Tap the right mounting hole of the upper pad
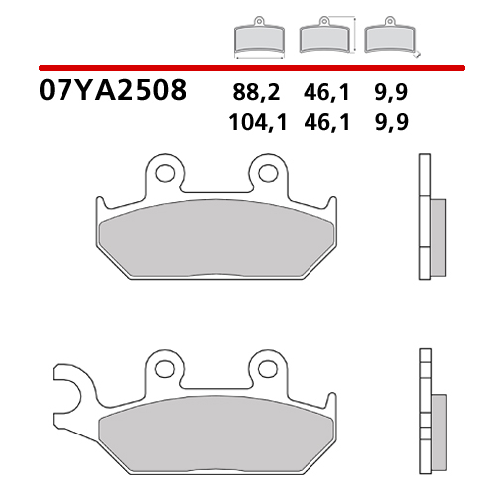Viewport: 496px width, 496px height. [x=266, y=173]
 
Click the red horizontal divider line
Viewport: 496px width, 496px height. [x=248, y=67]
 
